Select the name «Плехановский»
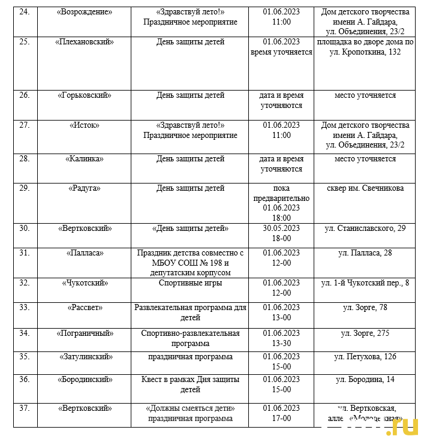(84, 42)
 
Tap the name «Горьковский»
(84, 95)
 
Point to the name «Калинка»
(84, 159)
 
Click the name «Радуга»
(84, 188)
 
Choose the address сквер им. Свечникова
(365, 188)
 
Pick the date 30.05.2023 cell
(281, 228)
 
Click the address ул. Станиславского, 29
(365, 228)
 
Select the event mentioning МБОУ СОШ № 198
(191, 263)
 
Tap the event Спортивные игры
(191, 283)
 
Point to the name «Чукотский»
(84, 283)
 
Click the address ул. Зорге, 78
(365, 308)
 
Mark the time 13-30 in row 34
(281, 344)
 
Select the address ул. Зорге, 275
(365, 333)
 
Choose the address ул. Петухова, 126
(365, 357)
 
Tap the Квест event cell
(191, 384)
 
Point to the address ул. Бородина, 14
(365, 380)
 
